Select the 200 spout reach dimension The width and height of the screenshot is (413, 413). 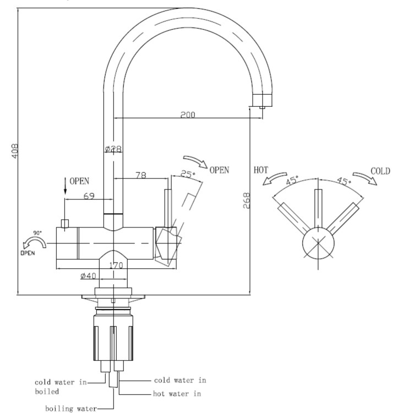pyautogui.click(x=188, y=115)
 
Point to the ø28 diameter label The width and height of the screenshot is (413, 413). pyautogui.click(x=112, y=149)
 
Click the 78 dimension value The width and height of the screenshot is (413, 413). pyautogui.click(x=140, y=175)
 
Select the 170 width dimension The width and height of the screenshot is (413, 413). pyautogui.click(x=116, y=265)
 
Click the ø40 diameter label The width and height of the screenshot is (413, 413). pyautogui.click(x=89, y=275)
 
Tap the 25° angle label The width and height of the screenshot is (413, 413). pyautogui.click(x=188, y=175)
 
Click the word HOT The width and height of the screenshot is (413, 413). pyautogui.click(x=260, y=170)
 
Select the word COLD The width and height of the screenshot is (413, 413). pyautogui.click(x=380, y=171)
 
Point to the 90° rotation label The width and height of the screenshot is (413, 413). pyautogui.click(x=37, y=233)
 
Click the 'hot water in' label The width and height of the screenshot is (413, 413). pyautogui.click(x=177, y=394)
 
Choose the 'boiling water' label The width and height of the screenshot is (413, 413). pyautogui.click(x=71, y=408)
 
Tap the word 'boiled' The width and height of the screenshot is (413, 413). pyautogui.click(x=47, y=392)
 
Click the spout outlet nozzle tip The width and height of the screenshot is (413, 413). pyautogui.click(x=263, y=106)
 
